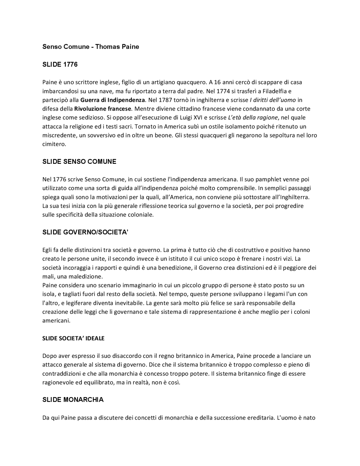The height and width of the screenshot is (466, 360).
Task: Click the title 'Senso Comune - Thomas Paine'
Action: tap(91, 47)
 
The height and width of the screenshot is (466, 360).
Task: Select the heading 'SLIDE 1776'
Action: tap(60, 64)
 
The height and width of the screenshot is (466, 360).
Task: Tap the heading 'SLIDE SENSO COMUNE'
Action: tap(79, 162)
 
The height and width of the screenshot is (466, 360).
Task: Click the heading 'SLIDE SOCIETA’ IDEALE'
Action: tap(73, 338)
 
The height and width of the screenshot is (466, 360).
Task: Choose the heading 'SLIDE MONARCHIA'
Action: tap(73, 400)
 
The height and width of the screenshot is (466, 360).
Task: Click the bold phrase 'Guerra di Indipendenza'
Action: tap(112, 100)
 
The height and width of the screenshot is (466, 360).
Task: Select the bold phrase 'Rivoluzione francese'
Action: tap(103, 109)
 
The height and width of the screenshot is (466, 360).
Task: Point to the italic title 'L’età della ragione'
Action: tap(252, 117)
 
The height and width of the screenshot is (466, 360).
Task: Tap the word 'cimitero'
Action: tap(54, 144)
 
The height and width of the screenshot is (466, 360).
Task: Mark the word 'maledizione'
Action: tap(88, 276)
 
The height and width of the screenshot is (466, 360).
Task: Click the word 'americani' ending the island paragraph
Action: tap(56, 321)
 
